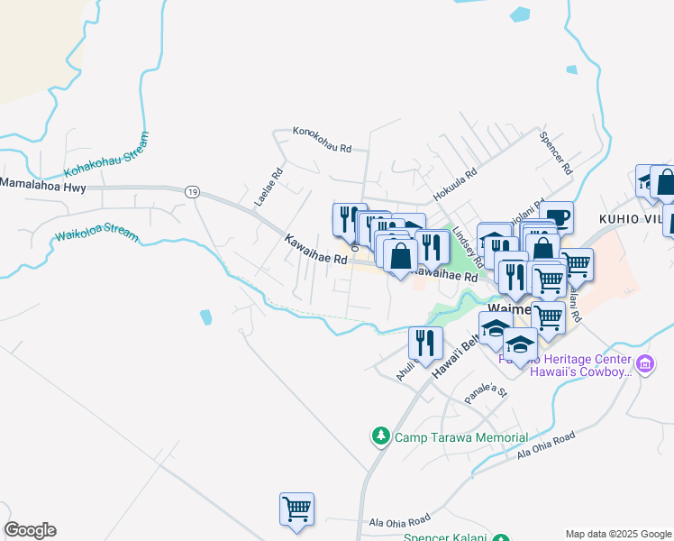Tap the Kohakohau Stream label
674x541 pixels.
[x=105, y=155]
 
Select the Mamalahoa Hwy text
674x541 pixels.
[x=42, y=183]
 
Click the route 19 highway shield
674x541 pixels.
[x=192, y=192]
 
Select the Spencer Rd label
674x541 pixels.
[x=555, y=155]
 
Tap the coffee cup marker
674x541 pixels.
[x=558, y=216]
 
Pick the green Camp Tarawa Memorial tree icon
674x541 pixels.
[x=380, y=437]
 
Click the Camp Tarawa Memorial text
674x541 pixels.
[x=460, y=438]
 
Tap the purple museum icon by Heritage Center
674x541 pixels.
[x=644, y=364]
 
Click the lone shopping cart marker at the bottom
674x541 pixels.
[x=296, y=509]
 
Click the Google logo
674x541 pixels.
[x=31, y=530]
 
